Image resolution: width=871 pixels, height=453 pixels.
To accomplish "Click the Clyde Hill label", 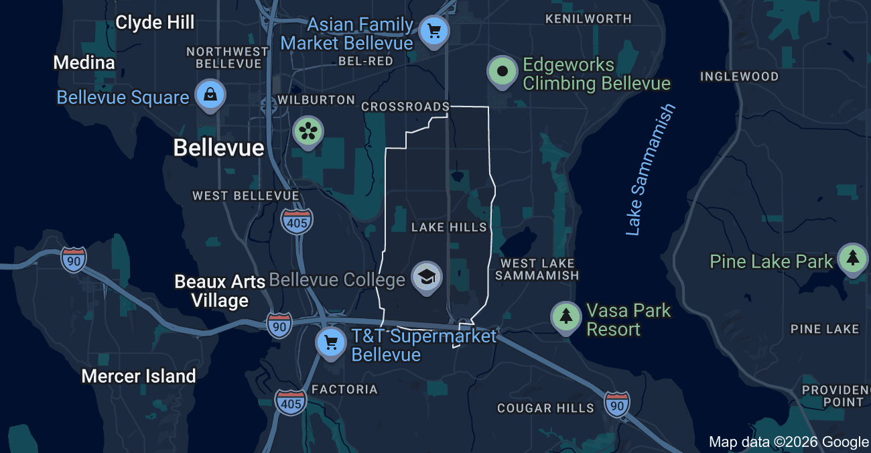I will click(x=155, y=23).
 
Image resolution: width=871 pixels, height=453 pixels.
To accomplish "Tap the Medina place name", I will click(x=84, y=63).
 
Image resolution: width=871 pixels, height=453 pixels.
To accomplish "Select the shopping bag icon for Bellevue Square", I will click(x=210, y=94).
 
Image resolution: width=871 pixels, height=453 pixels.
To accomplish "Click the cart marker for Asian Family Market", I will click(x=433, y=31).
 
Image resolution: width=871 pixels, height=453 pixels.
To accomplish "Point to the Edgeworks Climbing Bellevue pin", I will click(x=503, y=71).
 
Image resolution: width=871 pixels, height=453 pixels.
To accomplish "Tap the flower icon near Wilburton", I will click(x=308, y=130).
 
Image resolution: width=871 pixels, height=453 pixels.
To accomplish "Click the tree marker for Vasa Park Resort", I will click(x=566, y=316).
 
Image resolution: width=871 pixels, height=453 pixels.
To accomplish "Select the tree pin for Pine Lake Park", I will click(x=852, y=258).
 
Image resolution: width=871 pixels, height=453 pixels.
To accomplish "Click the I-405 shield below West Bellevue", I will click(x=296, y=221).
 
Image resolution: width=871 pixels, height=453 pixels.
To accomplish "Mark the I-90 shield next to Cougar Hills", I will click(x=616, y=404).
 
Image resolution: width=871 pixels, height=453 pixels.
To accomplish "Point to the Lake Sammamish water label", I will click(x=650, y=170).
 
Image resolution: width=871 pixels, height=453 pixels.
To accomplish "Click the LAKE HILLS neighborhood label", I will click(x=449, y=228).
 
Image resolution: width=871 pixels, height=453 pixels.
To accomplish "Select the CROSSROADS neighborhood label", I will click(x=405, y=107).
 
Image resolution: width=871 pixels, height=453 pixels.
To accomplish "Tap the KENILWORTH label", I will click(x=588, y=19).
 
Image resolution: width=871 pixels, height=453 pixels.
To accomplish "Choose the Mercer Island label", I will click(x=139, y=376).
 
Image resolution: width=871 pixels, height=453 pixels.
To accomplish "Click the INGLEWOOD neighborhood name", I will click(x=739, y=76).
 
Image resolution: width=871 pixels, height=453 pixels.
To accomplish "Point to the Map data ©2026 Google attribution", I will click(x=789, y=442).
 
